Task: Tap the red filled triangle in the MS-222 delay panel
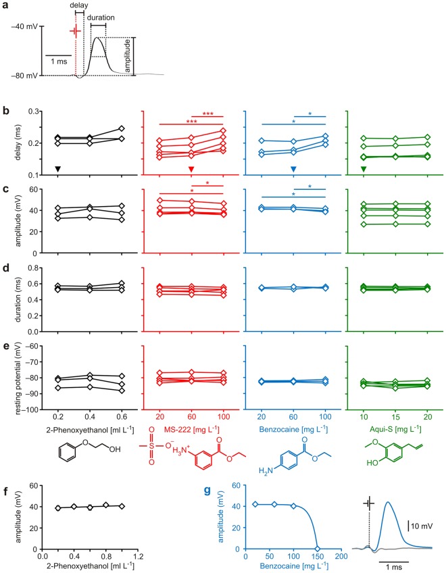coord(191,169)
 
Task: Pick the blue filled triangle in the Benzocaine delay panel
coord(293,169)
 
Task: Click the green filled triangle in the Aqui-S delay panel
coord(364,169)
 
